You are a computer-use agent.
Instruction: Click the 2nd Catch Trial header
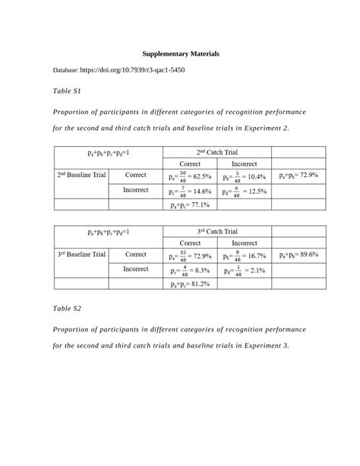coord(217,153)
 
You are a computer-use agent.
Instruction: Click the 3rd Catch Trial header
coord(217,231)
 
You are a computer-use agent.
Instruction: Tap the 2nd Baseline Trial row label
coord(81,175)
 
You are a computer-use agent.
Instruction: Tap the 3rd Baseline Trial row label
coord(81,254)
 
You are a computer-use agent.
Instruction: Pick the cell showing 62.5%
coord(190,176)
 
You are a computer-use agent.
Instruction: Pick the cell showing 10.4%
coord(244,176)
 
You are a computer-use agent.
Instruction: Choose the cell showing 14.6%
coord(190,191)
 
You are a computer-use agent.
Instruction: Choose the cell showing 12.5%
coord(244,191)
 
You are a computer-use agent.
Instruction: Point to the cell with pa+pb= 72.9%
coord(298,175)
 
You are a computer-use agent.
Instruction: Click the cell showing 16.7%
coord(244,255)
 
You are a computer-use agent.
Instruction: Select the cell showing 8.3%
coord(190,270)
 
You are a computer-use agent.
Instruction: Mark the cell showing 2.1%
coord(244,270)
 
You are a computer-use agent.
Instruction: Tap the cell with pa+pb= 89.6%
coord(298,254)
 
